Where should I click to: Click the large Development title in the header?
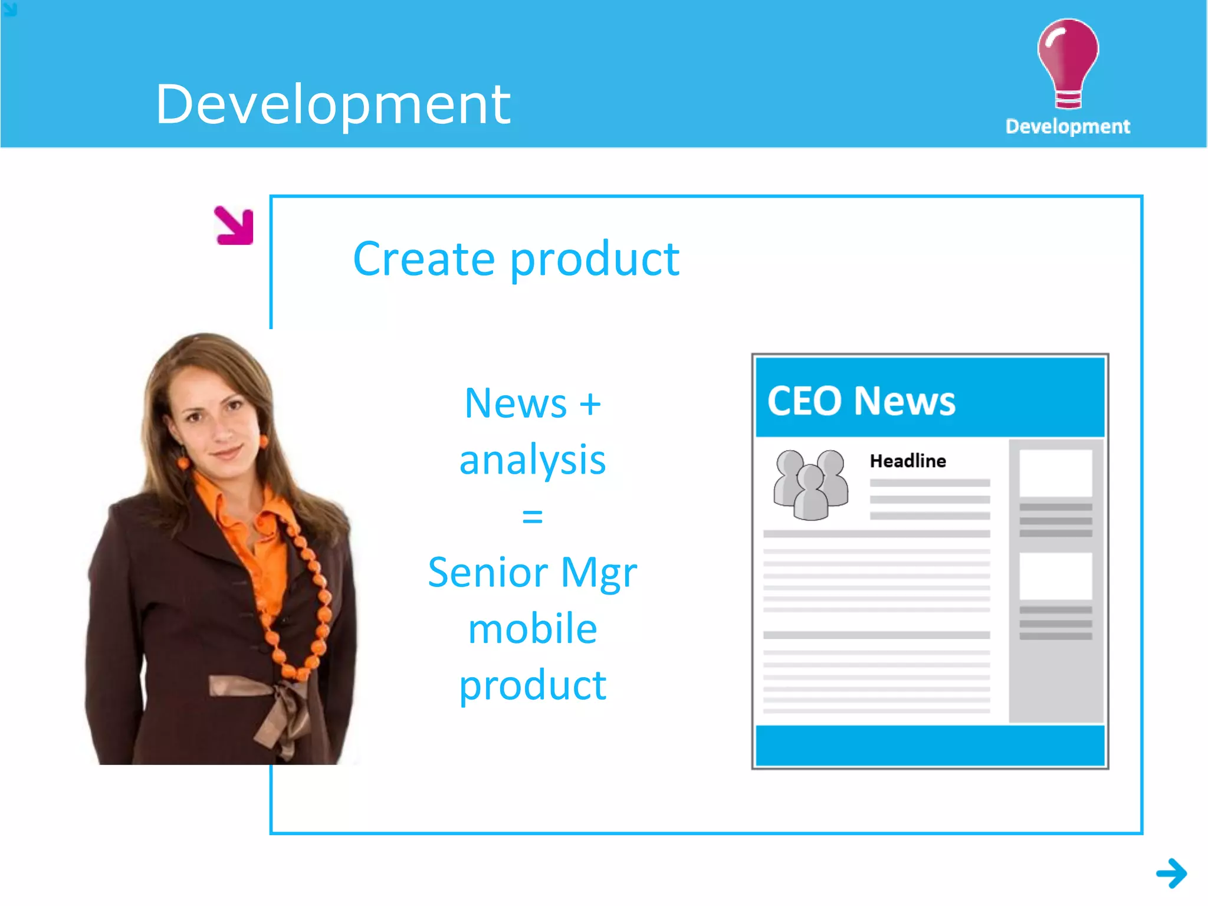[333, 104]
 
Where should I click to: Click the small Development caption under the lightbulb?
[1068, 126]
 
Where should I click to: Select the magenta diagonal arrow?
[235, 225]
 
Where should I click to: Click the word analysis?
[532, 460]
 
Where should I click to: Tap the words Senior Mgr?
[532, 572]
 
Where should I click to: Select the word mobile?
[532, 629]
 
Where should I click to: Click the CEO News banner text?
[861, 401]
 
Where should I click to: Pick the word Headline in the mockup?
[907, 461]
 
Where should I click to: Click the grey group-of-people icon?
[810, 485]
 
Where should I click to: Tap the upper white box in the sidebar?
[1055, 473]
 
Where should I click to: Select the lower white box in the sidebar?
[1055, 576]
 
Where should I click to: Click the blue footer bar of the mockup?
[930, 746]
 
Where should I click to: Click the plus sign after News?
[590, 405]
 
